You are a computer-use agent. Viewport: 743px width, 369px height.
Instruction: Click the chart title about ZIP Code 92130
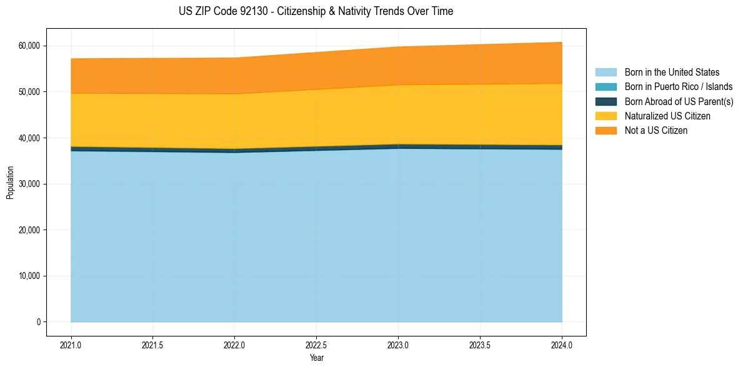[x=316, y=11]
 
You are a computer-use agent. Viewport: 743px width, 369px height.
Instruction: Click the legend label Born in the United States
[x=672, y=73]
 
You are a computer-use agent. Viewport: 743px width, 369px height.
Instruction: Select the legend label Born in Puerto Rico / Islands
[x=679, y=87]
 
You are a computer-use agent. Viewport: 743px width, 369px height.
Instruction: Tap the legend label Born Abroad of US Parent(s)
[x=679, y=101]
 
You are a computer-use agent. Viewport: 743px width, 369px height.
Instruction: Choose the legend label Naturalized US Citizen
[x=667, y=116]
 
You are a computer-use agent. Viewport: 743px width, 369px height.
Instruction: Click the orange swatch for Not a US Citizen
[x=606, y=131]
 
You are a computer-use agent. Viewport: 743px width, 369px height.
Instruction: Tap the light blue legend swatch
[x=606, y=73]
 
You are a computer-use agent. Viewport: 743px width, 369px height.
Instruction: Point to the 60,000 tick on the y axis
[x=29, y=46]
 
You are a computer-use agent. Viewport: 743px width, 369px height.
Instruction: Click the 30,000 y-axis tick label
[x=29, y=184]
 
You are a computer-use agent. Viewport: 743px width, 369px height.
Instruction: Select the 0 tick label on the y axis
[x=38, y=322]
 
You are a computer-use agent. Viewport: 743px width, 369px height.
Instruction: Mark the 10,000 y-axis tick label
[x=29, y=276]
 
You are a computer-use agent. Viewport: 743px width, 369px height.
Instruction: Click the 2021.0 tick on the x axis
[x=71, y=345]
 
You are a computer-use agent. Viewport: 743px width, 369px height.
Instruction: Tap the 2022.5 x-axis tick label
[x=316, y=345]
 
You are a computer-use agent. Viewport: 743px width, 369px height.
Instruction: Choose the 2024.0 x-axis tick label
[x=562, y=345]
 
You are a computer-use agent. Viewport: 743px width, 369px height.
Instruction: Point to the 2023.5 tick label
[x=480, y=345]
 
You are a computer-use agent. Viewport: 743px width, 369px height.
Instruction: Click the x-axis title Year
[x=316, y=358]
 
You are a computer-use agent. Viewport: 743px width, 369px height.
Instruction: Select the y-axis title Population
[x=10, y=183]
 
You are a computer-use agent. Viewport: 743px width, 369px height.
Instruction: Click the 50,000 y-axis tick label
[x=29, y=92]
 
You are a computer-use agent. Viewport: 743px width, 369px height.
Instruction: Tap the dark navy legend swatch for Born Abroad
[x=606, y=101]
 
